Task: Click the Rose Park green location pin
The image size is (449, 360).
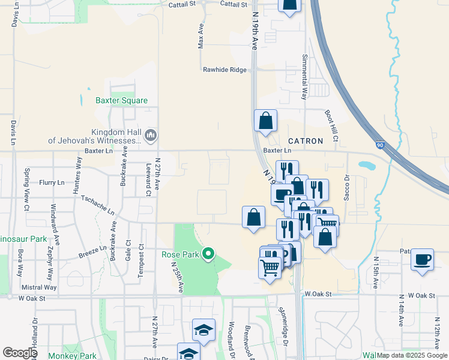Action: (x=208, y=254)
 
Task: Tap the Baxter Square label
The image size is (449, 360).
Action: (x=121, y=100)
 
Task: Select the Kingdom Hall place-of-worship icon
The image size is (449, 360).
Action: (x=150, y=136)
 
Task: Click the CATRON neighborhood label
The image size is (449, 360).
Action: (x=306, y=141)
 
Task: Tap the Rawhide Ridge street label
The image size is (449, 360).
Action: (x=224, y=70)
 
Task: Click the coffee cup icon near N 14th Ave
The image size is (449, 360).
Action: (x=423, y=259)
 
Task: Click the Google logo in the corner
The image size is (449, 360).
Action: (x=20, y=352)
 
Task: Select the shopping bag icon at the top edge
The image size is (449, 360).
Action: (x=289, y=5)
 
